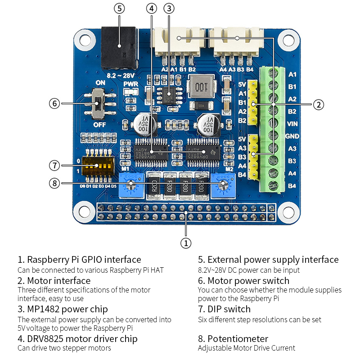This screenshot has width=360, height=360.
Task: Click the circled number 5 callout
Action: click(x=119, y=9)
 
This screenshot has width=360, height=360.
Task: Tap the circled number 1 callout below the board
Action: click(x=186, y=243)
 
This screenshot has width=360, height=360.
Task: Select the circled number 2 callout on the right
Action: click(x=318, y=104)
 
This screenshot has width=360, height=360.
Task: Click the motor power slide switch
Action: click(x=97, y=103)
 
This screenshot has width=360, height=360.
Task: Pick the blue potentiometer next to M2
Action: click(x=223, y=184)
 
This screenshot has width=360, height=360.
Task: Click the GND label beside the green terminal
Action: click(x=292, y=136)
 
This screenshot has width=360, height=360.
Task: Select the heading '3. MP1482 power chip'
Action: click(x=63, y=309)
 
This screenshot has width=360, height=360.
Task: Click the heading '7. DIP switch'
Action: click(x=224, y=309)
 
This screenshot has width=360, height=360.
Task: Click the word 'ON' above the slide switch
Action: click(x=100, y=83)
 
